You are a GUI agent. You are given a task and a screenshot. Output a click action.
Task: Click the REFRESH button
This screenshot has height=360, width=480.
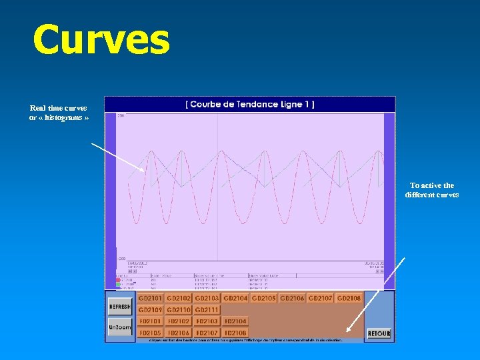tap(120, 307)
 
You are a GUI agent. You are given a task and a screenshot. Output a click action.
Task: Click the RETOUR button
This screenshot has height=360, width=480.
tap(379, 333)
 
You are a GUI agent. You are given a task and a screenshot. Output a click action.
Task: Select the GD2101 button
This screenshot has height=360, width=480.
tap(151, 298)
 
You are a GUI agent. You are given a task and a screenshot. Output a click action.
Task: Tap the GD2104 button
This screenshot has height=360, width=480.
tap(236, 298)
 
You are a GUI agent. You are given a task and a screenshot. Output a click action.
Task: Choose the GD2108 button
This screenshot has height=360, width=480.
tap(349, 298)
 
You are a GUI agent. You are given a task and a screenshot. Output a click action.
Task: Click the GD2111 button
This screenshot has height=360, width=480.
tap(207, 310)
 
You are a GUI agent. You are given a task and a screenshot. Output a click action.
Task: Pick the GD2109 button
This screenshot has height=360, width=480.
tap(151, 310)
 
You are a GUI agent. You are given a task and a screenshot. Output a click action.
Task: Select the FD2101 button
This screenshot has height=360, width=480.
tap(151, 321)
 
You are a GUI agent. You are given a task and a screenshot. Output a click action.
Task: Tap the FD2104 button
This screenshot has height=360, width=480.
tap(235, 321)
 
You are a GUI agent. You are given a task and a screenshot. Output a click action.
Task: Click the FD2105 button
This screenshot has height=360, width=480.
tap(151, 333)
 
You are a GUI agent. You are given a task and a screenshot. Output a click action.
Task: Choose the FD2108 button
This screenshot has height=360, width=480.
tap(235, 333)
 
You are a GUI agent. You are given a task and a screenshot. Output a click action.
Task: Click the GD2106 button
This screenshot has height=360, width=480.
tap(292, 298)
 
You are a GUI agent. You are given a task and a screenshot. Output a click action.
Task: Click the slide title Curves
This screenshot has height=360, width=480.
tap(101, 40)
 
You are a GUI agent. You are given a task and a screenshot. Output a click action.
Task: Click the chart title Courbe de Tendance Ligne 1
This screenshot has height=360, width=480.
tap(250, 104)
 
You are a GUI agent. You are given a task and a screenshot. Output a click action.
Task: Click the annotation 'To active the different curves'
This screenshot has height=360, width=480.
tap(431, 190)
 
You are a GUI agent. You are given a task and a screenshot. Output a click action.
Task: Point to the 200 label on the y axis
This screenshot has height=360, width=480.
tap(121, 116)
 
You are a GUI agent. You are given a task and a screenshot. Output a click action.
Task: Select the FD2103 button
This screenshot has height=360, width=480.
tap(207, 321)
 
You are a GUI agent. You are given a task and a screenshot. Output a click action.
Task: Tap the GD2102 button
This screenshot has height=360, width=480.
tap(179, 298)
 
